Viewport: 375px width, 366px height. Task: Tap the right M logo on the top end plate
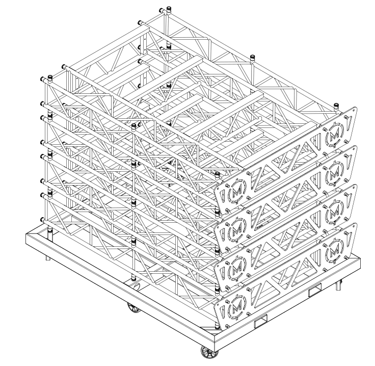[x=335, y=135]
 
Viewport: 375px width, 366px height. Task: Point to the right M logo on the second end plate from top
[x=335, y=174]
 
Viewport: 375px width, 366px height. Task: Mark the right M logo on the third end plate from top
[x=335, y=212]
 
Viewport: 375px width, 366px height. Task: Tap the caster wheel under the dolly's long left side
[x=134, y=307]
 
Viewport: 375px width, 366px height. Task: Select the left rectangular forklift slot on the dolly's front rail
[x=261, y=321]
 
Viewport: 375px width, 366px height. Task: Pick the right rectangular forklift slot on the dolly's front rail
[x=315, y=290]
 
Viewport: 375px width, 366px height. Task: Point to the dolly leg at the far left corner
[x=47, y=257]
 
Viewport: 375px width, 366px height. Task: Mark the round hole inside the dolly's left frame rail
[x=137, y=286]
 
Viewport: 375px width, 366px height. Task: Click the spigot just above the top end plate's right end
[x=336, y=106]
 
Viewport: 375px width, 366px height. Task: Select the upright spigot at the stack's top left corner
[x=50, y=78]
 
